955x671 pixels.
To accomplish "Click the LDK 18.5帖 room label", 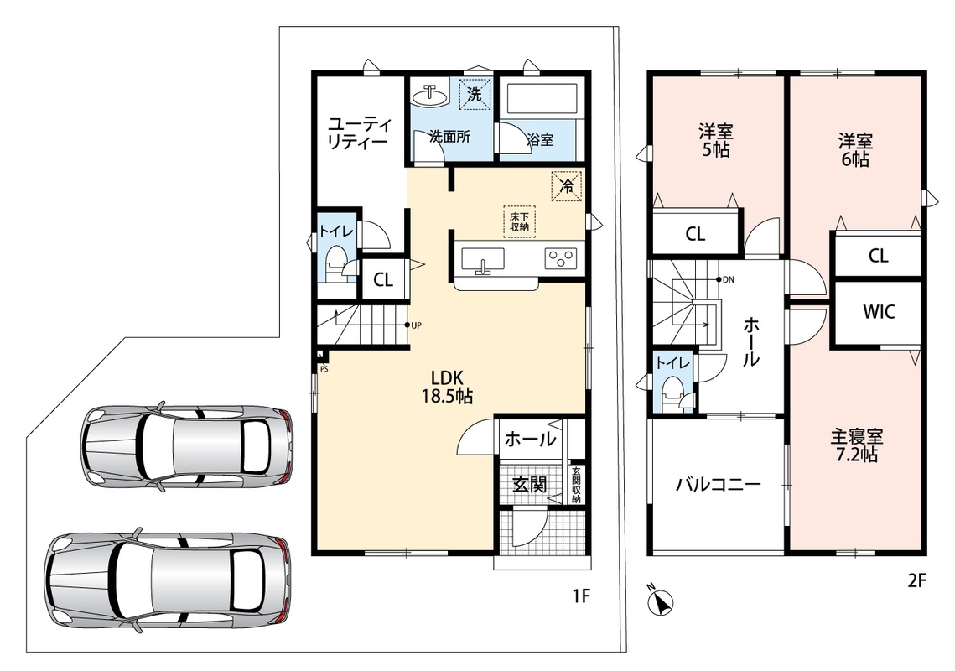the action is click(x=447, y=387).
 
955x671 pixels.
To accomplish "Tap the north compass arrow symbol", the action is click(x=661, y=601).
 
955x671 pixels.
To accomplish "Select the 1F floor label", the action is click(x=581, y=595).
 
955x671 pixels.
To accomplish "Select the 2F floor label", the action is click(x=916, y=580).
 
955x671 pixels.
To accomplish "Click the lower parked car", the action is click(x=168, y=575).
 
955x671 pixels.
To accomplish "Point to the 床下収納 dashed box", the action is click(x=519, y=221).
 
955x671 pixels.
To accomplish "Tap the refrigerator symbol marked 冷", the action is click(x=567, y=186).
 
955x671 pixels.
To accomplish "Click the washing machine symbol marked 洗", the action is click(x=475, y=95).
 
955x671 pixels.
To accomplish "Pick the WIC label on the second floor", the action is click(x=878, y=312).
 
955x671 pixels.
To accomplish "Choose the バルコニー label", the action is click(x=719, y=485).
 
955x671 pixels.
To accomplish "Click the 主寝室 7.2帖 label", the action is click(x=856, y=445).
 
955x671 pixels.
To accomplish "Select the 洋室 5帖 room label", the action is click(x=716, y=140).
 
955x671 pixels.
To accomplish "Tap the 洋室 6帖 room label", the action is click(x=855, y=150).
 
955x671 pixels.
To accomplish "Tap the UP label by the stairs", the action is click(x=416, y=325).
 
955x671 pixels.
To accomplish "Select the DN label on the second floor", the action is click(x=729, y=280).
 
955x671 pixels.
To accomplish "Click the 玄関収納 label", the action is click(x=576, y=485).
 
